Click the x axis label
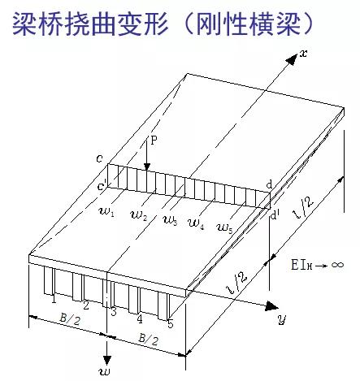pyautogui.click(x=304, y=54)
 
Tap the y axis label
pyautogui.click(x=282, y=319)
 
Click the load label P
pyautogui.click(x=154, y=141)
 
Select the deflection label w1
pyautogui.click(x=107, y=212)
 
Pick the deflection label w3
pyautogui.click(x=171, y=221)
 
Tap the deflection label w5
pyautogui.click(x=225, y=227)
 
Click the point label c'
pyautogui.click(x=102, y=186)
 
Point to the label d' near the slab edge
pyautogui.click(x=275, y=215)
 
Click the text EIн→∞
pyautogui.click(x=317, y=265)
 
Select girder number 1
pyautogui.click(x=54, y=299)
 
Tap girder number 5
pyautogui.click(x=170, y=324)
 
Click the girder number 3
pyautogui.click(x=114, y=312)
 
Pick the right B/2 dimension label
pyautogui.click(x=149, y=339)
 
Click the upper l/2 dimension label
pyautogui.click(x=304, y=207)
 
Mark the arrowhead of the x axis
pyautogui.click(x=292, y=59)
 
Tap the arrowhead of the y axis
pyautogui.click(x=271, y=306)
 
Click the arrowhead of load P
pyautogui.click(x=147, y=167)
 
